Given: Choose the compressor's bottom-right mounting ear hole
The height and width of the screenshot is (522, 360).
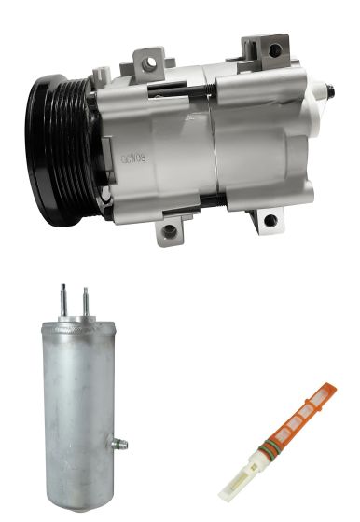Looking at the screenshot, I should (x=270, y=220).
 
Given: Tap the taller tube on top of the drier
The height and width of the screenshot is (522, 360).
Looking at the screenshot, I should (x=64, y=300).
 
